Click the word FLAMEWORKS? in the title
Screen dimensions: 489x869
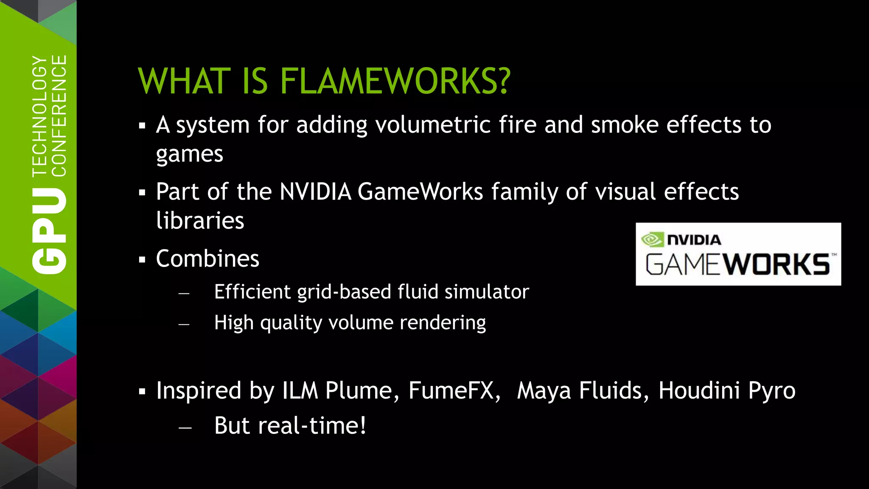tap(395, 81)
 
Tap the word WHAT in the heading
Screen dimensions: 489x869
tap(184, 81)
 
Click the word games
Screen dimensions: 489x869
tap(189, 155)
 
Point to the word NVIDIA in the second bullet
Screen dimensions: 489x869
tap(315, 191)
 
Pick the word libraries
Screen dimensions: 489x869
tap(200, 221)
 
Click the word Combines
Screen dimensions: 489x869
tap(207, 259)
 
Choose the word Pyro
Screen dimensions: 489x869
tap(771, 391)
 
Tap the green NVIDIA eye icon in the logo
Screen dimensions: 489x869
tap(652, 239)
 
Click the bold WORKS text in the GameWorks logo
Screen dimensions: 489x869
tap(776, 264)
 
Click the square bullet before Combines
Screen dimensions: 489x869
tap(142, 259)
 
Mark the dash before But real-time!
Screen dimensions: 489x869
tap(185, 427)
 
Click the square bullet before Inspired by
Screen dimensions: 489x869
tap(142, 391)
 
